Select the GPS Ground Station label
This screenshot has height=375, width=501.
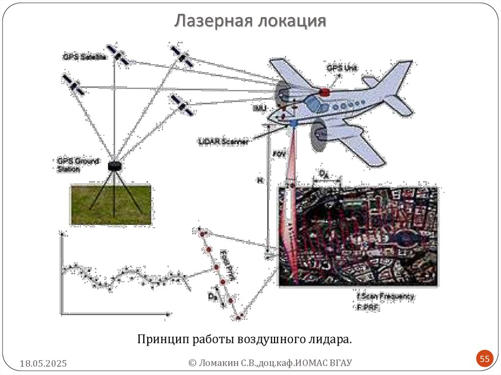78,164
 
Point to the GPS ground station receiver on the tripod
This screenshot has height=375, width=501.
114,166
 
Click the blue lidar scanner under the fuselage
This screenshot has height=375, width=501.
293,124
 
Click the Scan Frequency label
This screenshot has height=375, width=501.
386,296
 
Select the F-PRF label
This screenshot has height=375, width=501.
368,307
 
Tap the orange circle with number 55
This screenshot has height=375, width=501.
484,359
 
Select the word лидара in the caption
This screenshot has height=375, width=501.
334,339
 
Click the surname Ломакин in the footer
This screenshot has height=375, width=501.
219,362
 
